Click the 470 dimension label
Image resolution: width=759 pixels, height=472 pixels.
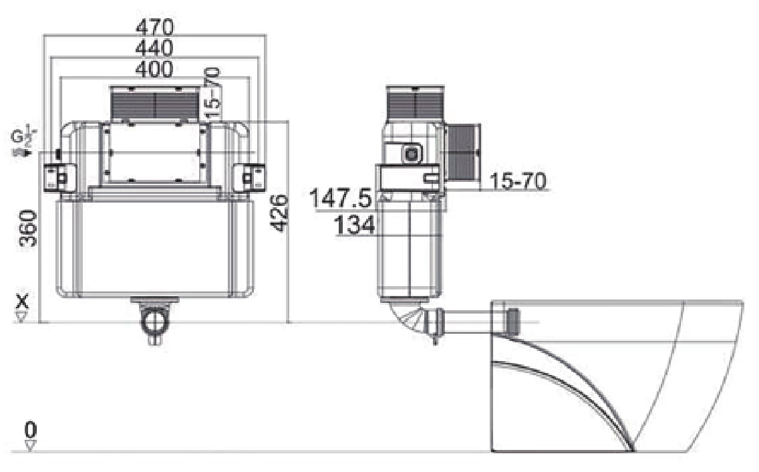[x=154, y=27]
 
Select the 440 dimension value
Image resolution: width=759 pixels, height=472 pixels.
[x=154, y=48]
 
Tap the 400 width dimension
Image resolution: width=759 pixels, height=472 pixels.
[x=154, y=68]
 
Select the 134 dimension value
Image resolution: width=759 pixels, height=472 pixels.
[x=355, y=226]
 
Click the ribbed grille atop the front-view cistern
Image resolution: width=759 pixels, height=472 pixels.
[x=154, y=105]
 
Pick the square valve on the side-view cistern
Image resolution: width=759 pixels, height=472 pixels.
[x=412, y=153]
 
